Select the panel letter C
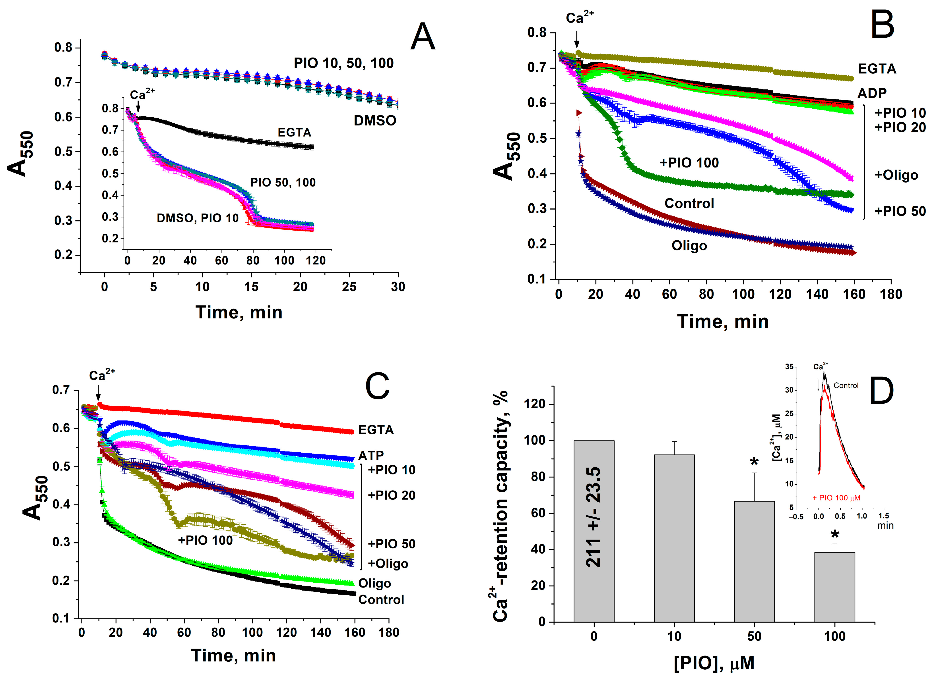pyautogui.click(x=377, y=386)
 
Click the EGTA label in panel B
pyautogui.click(x=877, y=69)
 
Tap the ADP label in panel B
pyautogui.click(x=872, y=94)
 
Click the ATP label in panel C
pyautogui.click(x=371, y=456)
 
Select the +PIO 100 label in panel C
pyautogui.click(x=205, y=540)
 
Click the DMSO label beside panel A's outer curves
pyautogui.click(x=375, y=121)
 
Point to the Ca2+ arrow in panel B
pyautogui.click(x=577, y=40)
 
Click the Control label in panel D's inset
pyautogui.click(x=846, y=385)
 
